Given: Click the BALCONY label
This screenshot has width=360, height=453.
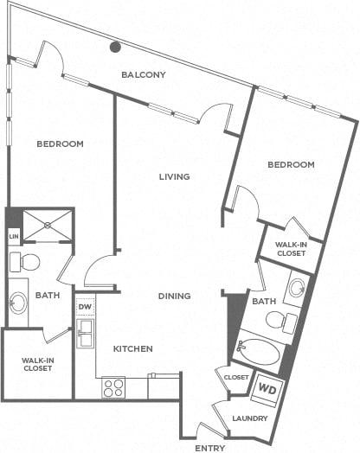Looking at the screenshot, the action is coord(144,75).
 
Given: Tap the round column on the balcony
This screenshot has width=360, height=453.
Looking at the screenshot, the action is coord(115,47).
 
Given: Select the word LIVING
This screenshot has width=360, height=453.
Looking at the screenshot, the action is coord(174,176).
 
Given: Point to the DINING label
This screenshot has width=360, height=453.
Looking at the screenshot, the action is coord(174,296).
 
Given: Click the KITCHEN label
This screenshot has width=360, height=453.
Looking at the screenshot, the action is coord(132,348).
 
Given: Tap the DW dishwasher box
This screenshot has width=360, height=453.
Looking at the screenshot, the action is coord(85,307).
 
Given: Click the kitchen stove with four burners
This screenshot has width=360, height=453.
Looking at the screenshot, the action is coord(113,387).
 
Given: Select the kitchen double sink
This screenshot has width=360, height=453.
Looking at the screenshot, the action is coord(86,334).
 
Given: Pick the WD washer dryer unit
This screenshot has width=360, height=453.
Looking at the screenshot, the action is coord(267,391).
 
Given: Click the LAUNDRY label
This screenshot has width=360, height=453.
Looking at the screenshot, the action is coord(250,418).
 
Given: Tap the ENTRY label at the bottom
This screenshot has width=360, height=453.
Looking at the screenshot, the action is coord(210,448).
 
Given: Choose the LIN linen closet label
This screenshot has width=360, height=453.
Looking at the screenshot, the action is coord(14,236).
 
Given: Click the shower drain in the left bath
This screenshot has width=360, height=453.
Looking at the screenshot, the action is coord(47,226).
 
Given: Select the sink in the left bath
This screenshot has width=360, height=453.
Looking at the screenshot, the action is coord(18,303).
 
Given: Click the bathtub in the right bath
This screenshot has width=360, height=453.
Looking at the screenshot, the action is coord(257,350).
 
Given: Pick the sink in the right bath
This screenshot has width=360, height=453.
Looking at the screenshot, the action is coord(297,287).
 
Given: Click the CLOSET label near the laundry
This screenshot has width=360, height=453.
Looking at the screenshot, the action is coord(236,377).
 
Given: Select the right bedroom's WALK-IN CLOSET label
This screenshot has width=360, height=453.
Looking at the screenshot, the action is coord(291,249).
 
